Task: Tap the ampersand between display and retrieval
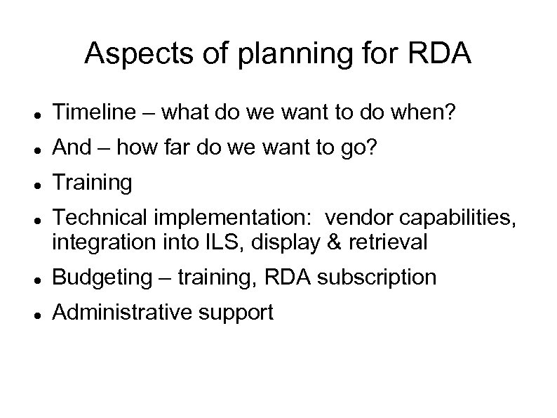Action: pyautogui.click(x=316, y=242)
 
